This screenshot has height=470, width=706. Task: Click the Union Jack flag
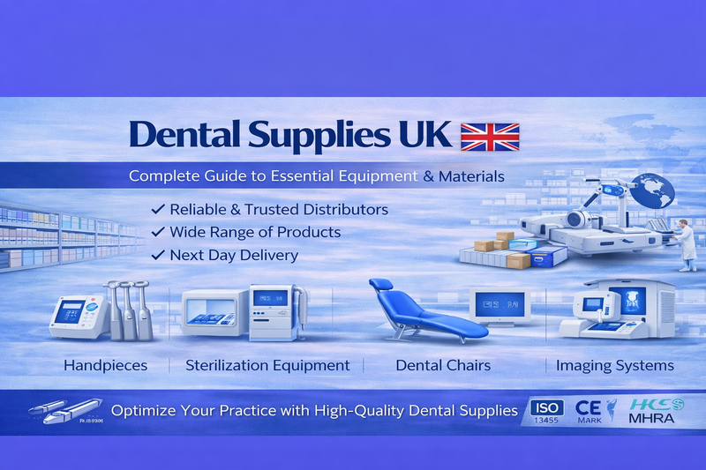point(491,137)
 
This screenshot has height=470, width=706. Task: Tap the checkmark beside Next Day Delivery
point(158,255)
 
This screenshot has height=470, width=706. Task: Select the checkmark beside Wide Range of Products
point(158,232)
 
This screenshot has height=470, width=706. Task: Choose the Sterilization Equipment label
point(267,365)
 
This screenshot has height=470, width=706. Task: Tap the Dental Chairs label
point(443,365)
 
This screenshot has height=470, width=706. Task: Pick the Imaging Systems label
point(614,365)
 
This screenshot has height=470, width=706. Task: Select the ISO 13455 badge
point(545,412)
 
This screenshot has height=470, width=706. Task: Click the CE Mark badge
point(589,411)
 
